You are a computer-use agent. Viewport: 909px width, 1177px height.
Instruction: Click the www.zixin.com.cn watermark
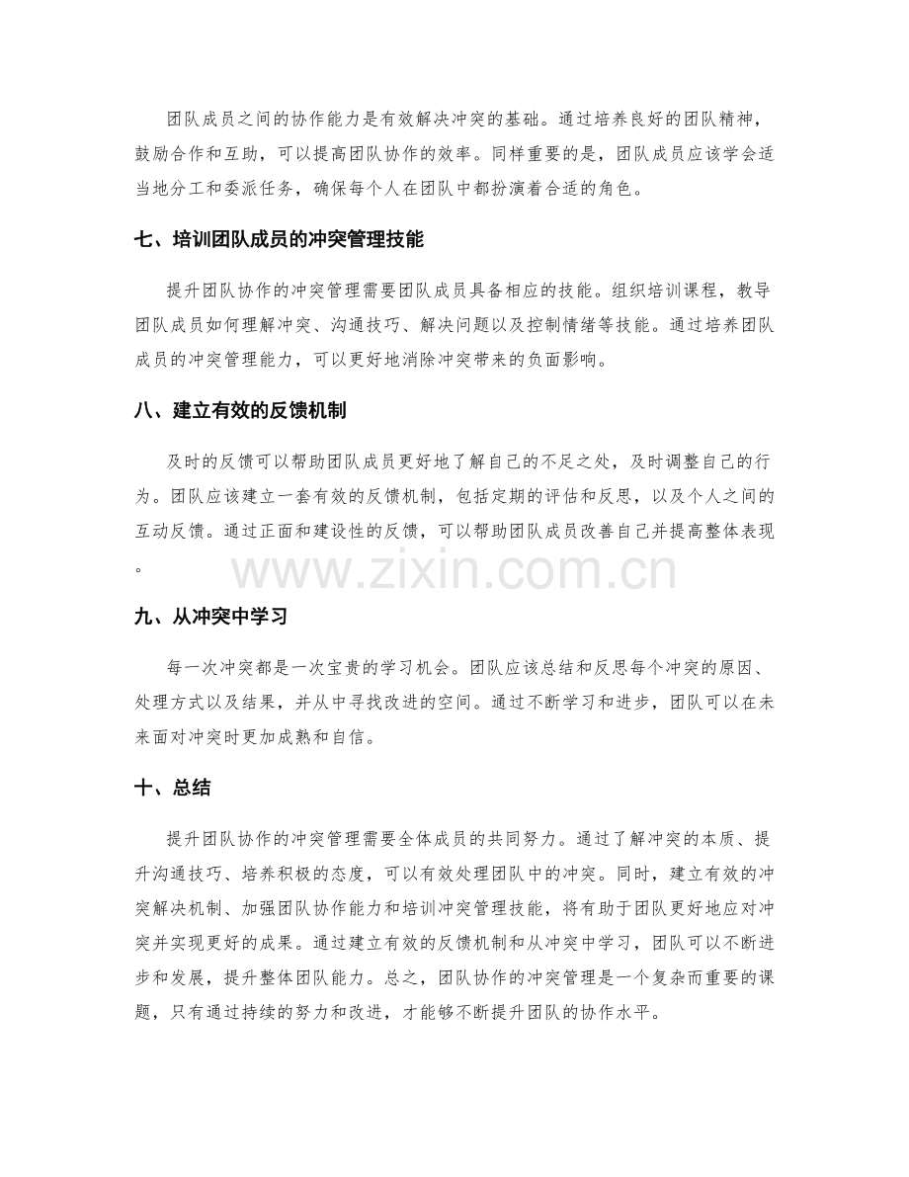454,573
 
